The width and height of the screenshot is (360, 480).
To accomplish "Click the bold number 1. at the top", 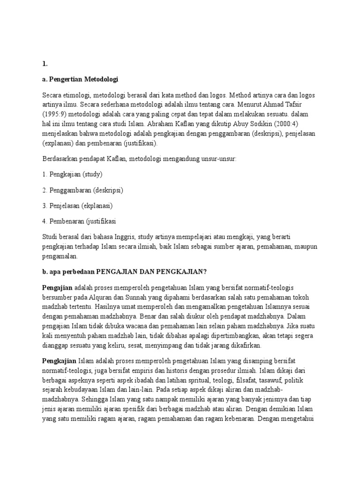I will (x=45, y=65).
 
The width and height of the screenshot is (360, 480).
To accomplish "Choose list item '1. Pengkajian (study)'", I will (x=72, y=175).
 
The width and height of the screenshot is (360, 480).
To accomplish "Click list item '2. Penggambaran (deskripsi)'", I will (x=82, y=190).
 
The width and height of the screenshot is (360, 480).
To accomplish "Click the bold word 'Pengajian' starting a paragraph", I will (x=57, y=287).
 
